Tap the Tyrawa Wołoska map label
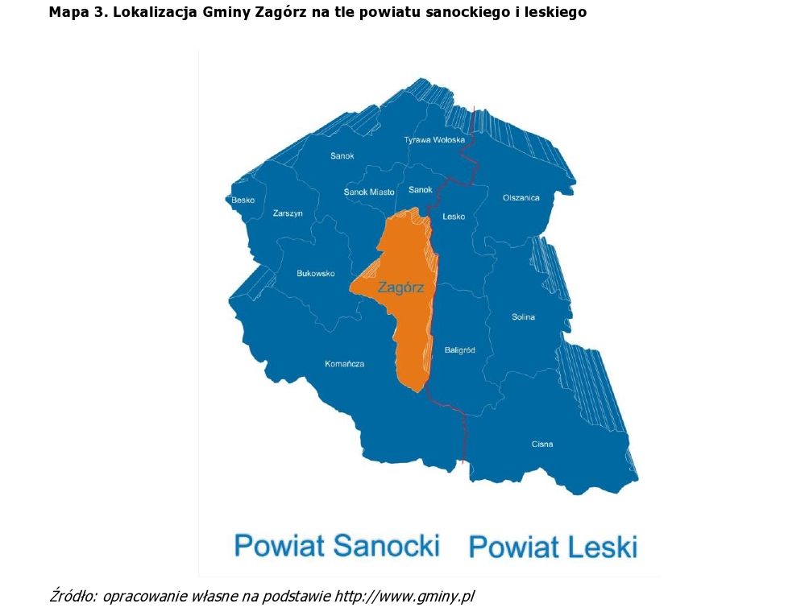(434, 140)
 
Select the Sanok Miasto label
(369, 192)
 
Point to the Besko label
(243, 200)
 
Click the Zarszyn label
(288, 213)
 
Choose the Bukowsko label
(315, 274)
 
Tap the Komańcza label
(344, 364)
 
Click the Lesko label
(454, 217)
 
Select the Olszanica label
(521, 198)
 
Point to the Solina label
(523, 317)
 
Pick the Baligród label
(459, 350)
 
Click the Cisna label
(542, 444)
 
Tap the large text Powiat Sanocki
(337, 545)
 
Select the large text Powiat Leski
(553, 547)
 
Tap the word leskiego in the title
(554, 12)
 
